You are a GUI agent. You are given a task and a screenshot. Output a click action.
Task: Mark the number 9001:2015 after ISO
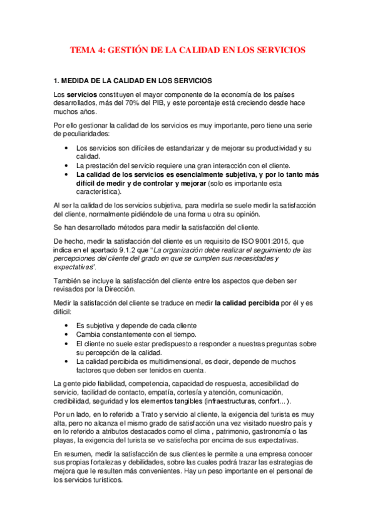tap(266, 241)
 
